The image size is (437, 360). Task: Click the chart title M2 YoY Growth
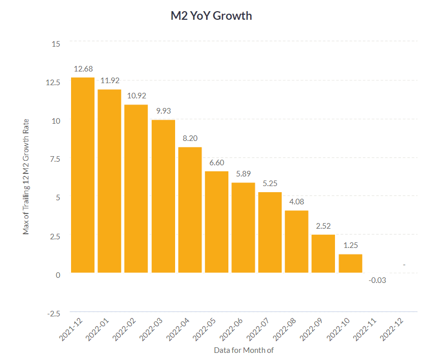(x=211, y=16)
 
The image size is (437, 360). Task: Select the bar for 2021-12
(x=83, y=175)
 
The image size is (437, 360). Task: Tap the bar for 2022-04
(x=190, y=210)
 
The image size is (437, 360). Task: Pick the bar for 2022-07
(x=270, y=232)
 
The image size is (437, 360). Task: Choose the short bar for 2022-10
(x=350, y=263)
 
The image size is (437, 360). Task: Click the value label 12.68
(x=83, y=68)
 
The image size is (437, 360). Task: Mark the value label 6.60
(x=217, y=162)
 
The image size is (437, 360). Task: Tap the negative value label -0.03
(x=377, y=280)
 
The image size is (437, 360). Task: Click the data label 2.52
(x=323, y=226)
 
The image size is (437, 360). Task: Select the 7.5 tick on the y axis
(x=54, y=159)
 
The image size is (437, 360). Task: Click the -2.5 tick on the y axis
(x=53, y=313)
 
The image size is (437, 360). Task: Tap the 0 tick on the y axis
(x=58, y=274)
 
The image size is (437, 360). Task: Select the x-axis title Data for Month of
(x=244, y=350)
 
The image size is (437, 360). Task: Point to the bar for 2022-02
(x=136, y=189)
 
